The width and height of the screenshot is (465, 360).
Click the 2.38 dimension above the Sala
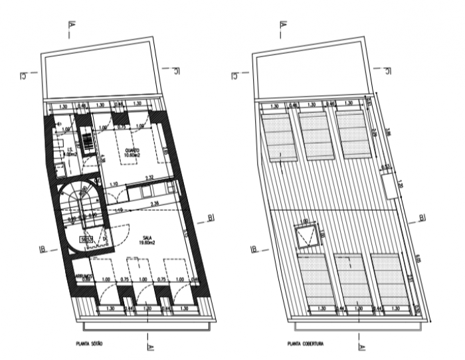[x=155, y=203]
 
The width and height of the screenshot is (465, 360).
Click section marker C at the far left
[x=23, y=78]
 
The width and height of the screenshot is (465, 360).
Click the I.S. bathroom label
[x=70, y=149]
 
